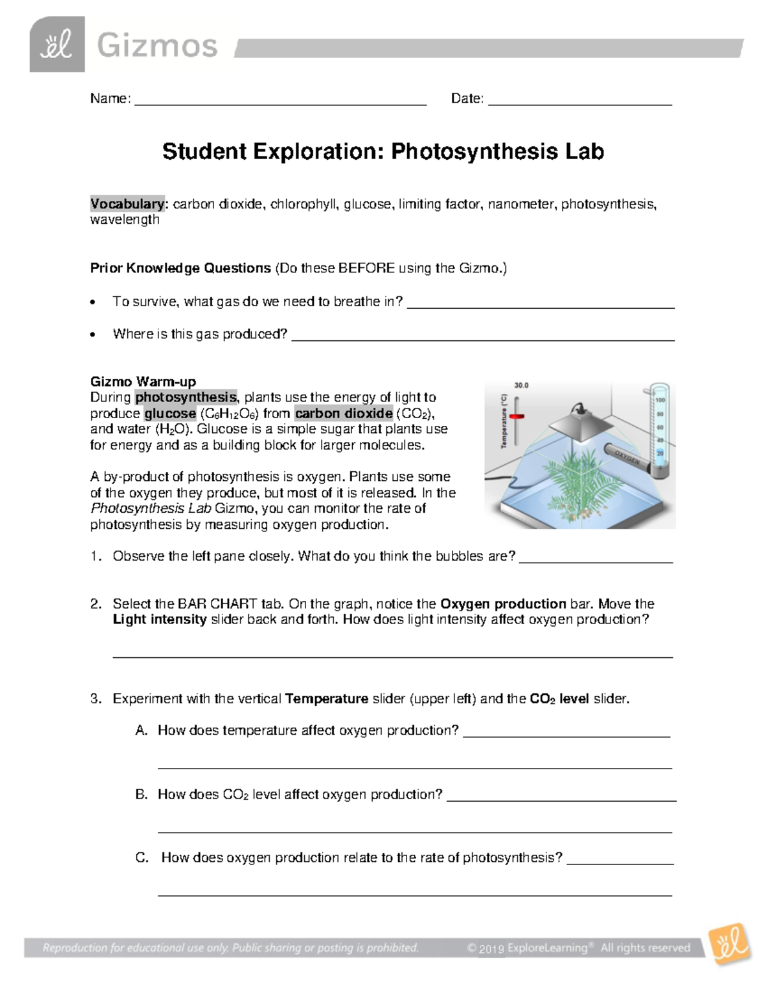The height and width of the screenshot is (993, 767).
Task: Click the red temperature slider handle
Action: pyautogui.click(x=516, y=416)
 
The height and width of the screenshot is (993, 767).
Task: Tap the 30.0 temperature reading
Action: pyautogui.click(x=522, y=386)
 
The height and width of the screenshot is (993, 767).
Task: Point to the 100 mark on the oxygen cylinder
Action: pyautogui.click(x=660, y=400)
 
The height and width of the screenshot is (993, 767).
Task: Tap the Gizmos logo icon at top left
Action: pyautogui.click(x=57, y=45)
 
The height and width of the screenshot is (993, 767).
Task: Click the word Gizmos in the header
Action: pyautogui.click(x=157, y=46)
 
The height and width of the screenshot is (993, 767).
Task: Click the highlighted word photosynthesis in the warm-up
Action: pyautogui.click(x=185, y=398)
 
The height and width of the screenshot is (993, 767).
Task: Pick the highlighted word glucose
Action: pyautogui.click(x=170, y=414)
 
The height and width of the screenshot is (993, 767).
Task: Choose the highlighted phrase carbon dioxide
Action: pyautogui.click(x=344, y=414)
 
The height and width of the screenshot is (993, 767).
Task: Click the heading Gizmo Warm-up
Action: pyautogui.click(x=143, y=382)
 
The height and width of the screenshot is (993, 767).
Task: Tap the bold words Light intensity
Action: pyautogui.click(x=160, y=620)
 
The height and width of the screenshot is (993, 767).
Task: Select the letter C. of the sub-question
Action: pyautogui.click(x=142, y=858)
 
